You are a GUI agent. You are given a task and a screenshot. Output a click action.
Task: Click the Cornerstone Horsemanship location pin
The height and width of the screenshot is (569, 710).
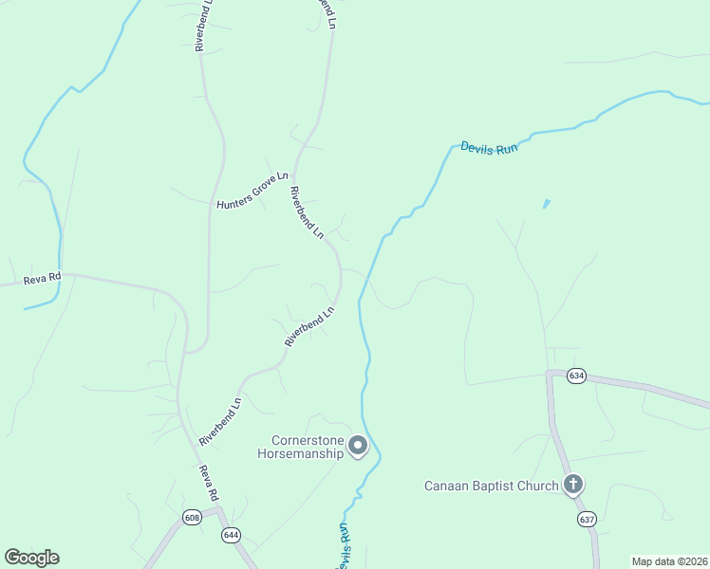[x=358, y=445]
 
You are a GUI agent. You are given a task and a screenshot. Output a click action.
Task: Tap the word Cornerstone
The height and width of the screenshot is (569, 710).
[x=306, y=440]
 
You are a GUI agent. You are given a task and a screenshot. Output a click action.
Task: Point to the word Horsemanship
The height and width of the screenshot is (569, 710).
[x=300, y=453]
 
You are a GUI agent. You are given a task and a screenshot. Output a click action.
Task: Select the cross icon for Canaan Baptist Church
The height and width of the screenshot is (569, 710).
[x=572, y=485]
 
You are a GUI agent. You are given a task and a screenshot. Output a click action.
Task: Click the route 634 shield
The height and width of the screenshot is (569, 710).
[x=576, y=376]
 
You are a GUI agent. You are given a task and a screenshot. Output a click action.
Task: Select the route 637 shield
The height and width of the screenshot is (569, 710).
[x=586, y=519]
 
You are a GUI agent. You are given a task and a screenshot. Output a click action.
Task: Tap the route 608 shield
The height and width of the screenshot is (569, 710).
[x=193, y=518]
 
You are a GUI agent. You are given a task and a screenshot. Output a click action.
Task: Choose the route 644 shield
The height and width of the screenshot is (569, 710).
[x=231, y=535]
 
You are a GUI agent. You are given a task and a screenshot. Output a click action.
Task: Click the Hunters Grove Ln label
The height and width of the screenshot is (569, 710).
[x=252, y=191]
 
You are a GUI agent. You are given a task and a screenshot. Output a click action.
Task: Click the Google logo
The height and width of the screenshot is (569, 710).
[x=31, y=557]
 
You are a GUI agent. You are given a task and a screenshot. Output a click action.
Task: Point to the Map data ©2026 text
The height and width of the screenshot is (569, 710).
[x=670, y=561]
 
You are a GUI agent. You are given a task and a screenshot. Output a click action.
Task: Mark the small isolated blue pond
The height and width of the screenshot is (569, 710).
[x=546, y=203]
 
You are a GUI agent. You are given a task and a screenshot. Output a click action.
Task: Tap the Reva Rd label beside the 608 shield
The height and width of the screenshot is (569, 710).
[x=209, y=483]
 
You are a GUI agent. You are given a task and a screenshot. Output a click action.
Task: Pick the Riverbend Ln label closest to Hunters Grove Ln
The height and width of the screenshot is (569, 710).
[x=307, y=211]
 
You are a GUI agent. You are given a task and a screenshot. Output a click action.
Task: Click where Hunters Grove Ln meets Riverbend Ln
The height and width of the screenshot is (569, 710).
[x=293, y=177]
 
